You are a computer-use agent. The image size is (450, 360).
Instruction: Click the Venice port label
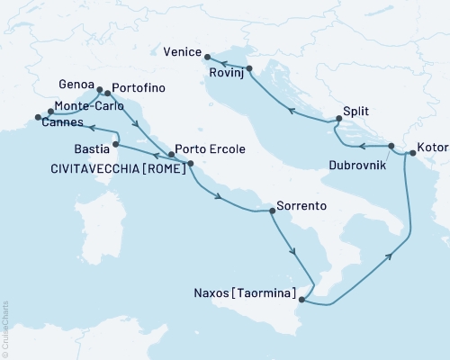tap(185, 52)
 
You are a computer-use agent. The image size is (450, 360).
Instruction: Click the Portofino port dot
tap(107, 93)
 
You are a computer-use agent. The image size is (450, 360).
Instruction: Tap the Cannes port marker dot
tap(38, 117)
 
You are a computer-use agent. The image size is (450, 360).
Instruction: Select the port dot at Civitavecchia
tap(190, 163)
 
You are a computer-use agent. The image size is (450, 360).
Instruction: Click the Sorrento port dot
tap(272, 211)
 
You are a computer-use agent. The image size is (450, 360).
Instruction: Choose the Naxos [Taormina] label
tap(244, 292)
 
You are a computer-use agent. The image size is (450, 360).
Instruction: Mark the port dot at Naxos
tap(302, 301)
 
